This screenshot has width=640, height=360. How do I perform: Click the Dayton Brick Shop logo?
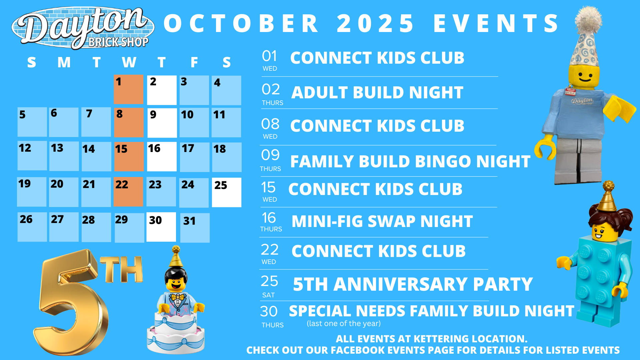pyautogui.click(x=83, y=28)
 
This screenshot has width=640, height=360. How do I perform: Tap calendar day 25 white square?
pyautogui.click(x=227, y=192)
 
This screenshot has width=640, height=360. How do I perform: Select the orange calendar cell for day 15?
pyautogui.click(x=129, y=157)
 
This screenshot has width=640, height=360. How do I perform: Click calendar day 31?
pyautogui.click(x=195, y=228)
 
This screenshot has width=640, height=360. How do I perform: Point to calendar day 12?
pyautogui.click(x=32, y=156)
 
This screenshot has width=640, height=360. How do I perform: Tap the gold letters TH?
pyautogui.click(x=122, y=269)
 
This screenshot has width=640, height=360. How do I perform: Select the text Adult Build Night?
pyautogui.click(x=377, y=92)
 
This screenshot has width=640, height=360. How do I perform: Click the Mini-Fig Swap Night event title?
pyautogui.click(x=382, y=221)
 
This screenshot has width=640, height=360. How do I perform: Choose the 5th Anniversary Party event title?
pyautogui.click(x=413, y=284)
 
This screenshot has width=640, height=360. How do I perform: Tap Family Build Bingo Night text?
pyautogui.click(x=410, y=161)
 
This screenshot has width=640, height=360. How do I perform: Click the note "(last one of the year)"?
pyautogui.click(x=344, y=323)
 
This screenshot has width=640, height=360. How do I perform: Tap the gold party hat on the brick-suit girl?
pyautogui.click(x=607, y=196)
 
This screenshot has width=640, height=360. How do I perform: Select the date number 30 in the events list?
pyautogui.click(x=269, y=312)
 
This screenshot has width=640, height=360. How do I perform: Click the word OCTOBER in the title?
pyautogui.click(x=241, y=23)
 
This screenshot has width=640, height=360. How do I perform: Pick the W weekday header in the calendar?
pyautogui.click(x=129, y=62)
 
